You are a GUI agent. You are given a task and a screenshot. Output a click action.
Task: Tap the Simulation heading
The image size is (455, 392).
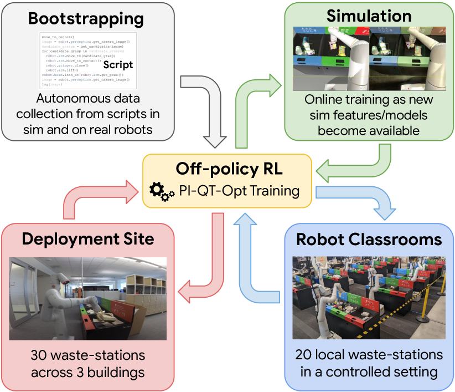click(x=369, y=16)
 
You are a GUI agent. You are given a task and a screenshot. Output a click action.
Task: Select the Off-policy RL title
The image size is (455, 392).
click(x=229, y=169)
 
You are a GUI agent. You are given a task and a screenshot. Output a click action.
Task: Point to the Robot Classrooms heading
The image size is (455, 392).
click(x=369, y=239)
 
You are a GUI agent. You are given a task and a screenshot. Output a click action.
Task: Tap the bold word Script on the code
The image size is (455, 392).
click(x=118, y=64)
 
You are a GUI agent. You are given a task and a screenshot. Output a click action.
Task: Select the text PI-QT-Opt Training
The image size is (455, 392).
click(x=239, y=191)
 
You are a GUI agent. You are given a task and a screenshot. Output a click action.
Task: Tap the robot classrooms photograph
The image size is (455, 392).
click(x=369, y=297)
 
